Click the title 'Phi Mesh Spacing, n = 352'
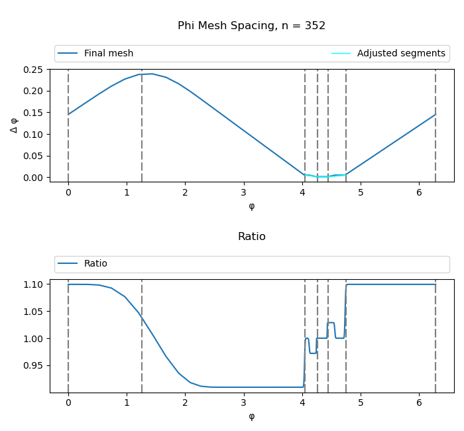251,26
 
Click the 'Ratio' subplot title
251,237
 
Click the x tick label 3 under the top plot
244,192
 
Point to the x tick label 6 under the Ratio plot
420,402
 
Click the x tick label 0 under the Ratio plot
68,402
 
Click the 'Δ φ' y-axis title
14,125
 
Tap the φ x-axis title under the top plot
251,206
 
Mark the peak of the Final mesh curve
152,74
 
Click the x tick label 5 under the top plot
361,192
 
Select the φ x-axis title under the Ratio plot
251,416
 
